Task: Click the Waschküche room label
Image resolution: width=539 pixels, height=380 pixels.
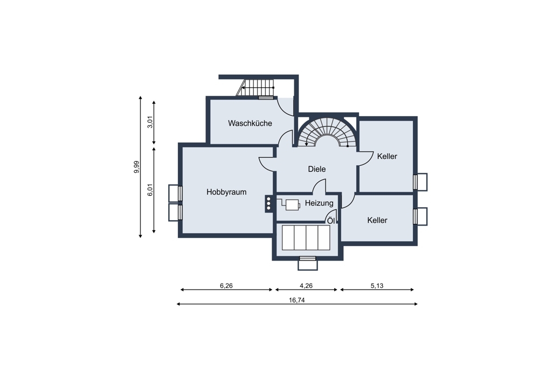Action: tap(250, 123)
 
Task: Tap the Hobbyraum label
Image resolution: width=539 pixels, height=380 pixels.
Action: tap(226, 192)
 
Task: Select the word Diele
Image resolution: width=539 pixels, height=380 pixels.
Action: tap(316, 169)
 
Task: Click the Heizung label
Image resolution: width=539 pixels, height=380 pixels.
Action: tap(319, 203)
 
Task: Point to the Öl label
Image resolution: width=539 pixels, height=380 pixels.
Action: tap(331, 221)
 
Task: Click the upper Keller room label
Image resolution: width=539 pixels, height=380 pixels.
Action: tap(387, 156)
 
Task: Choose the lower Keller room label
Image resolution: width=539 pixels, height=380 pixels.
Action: tap(377, 220)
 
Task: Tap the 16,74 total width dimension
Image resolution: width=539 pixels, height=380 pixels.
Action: tap(296, 300)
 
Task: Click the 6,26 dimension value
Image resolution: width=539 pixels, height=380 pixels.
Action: tap(226, 286)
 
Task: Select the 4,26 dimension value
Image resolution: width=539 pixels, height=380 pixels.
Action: tap(306, 286)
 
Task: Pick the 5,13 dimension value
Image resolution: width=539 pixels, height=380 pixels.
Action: tap(377, 286)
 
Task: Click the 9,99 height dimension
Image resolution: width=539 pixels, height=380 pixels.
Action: tap(136, 167)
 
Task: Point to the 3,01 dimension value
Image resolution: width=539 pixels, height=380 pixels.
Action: tap(150, 122)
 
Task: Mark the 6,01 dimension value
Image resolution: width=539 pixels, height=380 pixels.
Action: tap(150, 190)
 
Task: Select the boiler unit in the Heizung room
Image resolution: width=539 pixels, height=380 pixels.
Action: tap(292, 205)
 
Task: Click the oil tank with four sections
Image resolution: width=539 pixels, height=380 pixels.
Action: tap(306, 237)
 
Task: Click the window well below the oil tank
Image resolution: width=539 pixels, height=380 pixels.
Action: tap(308, 263)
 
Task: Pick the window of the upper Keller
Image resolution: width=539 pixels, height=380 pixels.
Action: tap(420, 182)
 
